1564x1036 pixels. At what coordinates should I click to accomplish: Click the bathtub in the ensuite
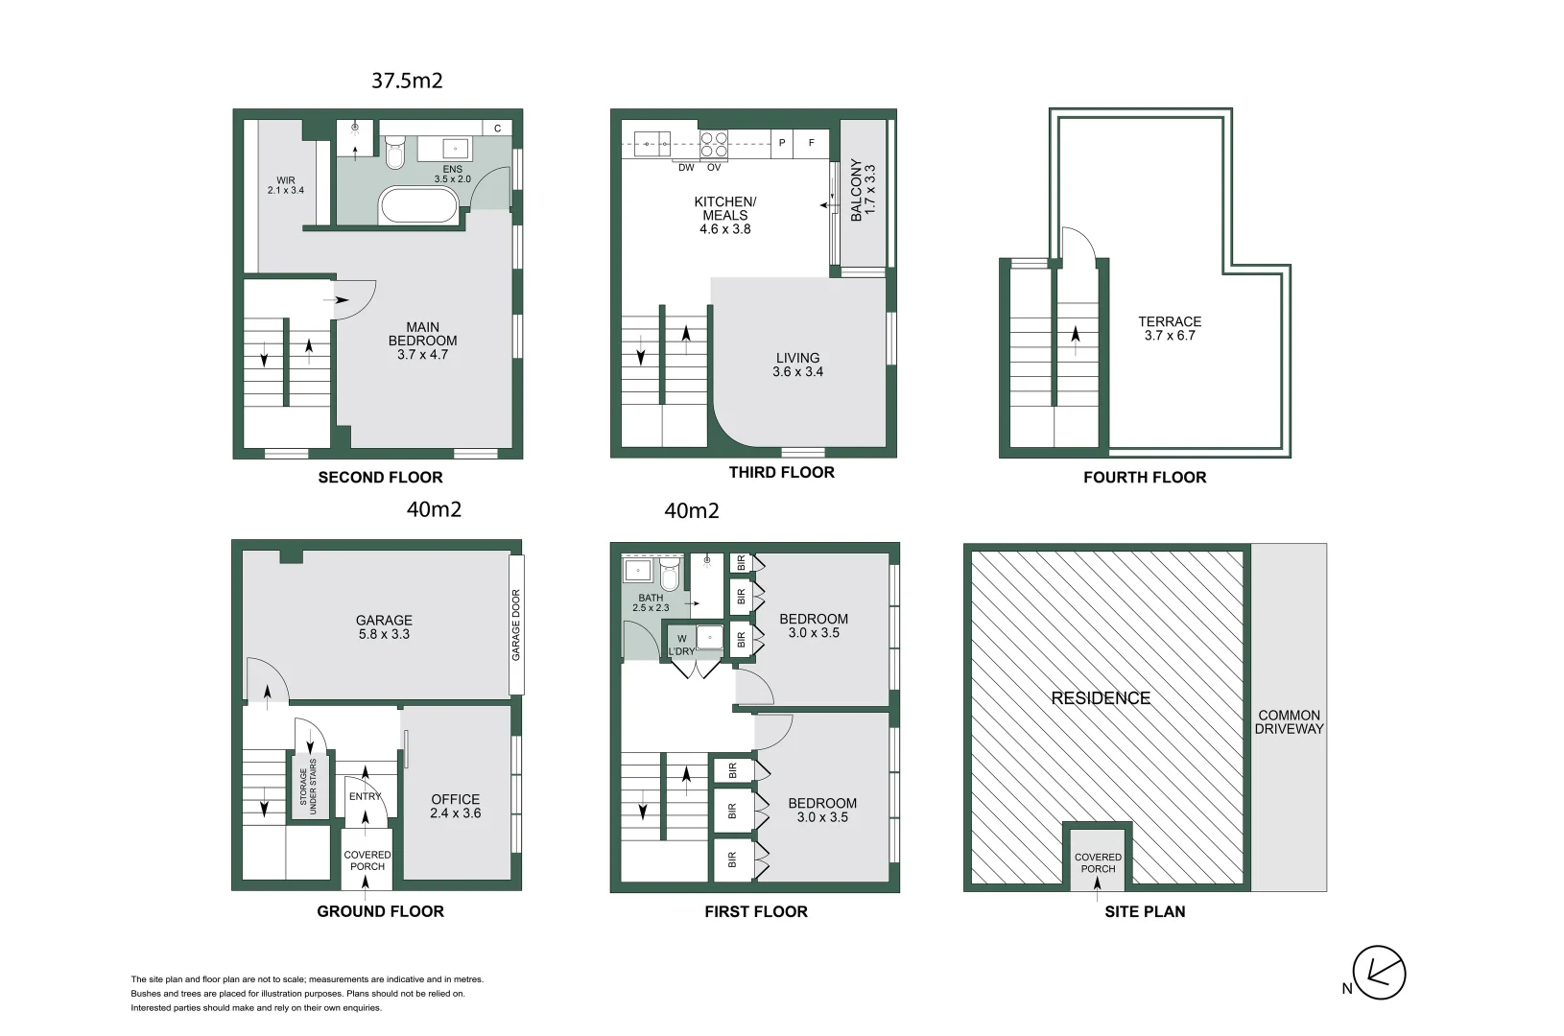pyautogui.click(x=418, y=205)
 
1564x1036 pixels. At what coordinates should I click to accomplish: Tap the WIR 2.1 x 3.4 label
pyautogui.click(x=286, y=185)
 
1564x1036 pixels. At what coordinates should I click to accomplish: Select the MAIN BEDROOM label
pyautogui.click(x=422, y=341)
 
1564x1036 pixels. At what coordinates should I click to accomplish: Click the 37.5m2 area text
pyautogui.click(x=407, y=81)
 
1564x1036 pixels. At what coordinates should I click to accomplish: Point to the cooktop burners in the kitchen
pyautogui.click(x=713, y=144)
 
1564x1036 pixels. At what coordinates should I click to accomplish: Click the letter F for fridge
pyautogui.click(x=811, y=144)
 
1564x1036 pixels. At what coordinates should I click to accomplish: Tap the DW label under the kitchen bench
pyautogui.click(x=686, y=168)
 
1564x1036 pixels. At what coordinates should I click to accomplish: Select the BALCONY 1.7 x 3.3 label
pyautogui.click(x=863, y=190)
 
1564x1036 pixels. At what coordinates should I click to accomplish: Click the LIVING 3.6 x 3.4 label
pyautogui.click(x=797, y=365)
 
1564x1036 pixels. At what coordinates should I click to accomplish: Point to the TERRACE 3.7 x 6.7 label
pyautogui.click(x=1170, y=328)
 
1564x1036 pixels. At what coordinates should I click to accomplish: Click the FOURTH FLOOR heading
pyautogui.click(x=1144, y=478)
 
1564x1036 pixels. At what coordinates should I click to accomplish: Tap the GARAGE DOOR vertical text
pyautogui.click(x=516, y=624)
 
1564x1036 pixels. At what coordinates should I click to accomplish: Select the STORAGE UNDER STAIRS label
pyautogui.click(x=308, y=787)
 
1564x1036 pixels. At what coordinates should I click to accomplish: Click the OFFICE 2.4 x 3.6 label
pyautogui.click(x=456, y=806)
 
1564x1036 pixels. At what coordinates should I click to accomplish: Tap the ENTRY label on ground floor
pyautogui.click(x=365, y=796)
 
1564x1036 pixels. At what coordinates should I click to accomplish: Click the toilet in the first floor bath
pyautogui.click(x=669, y=577)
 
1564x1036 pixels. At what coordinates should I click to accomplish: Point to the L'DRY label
pyautogui.click(x=681, y=651)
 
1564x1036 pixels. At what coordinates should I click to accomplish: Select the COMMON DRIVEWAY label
pyautogui.click(x=1289, y=722)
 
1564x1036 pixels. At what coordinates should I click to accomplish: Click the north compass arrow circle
pyautogui.click(x=1379, y=974)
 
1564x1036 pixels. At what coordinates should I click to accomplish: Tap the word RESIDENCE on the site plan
pyautogui.click(x=1101, y=698)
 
